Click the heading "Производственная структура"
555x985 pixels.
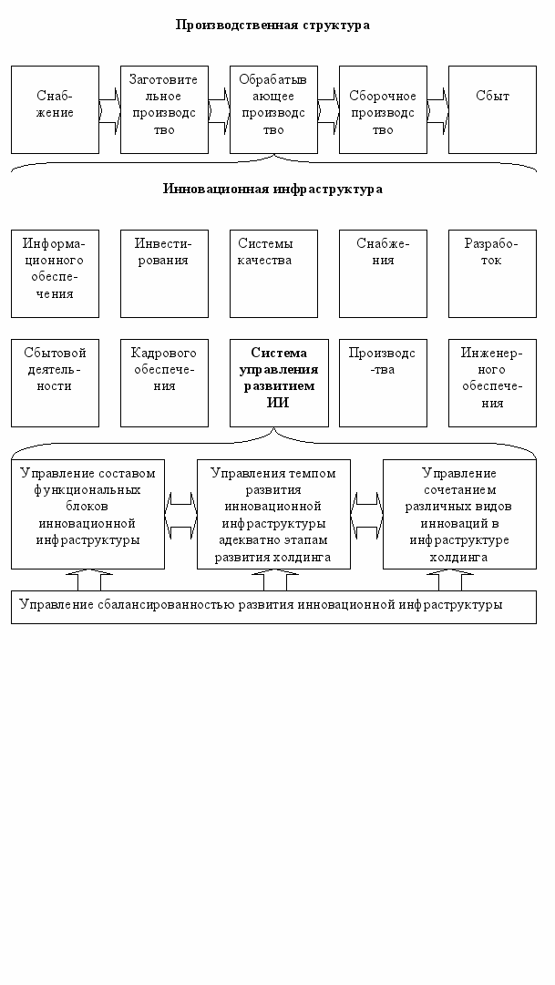point(272,25)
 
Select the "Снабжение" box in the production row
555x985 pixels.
point(55,108)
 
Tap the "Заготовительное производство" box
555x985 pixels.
point(164,108)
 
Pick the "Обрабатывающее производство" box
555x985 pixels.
point(273,108)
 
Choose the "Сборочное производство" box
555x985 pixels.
point(383,108)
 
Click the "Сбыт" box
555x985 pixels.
point(492,108)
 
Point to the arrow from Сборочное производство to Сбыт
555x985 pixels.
point(437,109)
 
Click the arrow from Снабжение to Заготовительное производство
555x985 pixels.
point(109,109)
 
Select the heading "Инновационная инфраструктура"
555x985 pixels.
point(272,189)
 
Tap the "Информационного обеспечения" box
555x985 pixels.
point(55,272)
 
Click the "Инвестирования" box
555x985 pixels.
point(164,272)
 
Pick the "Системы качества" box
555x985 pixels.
point(273,272)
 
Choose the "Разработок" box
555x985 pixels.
point(492,272)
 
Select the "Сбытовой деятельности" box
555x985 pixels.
point(55,382)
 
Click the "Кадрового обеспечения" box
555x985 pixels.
point(164,382)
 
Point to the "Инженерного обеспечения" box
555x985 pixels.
point(492,382)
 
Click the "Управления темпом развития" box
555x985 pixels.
point(273,514)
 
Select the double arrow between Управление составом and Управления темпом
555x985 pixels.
point(180,514)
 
